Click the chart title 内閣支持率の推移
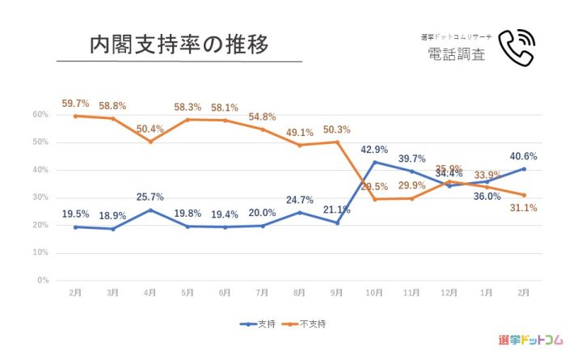(179, 44)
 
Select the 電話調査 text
(457, 54)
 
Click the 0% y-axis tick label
(43, 281)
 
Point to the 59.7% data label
(75, 104)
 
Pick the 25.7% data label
(150, 197)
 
